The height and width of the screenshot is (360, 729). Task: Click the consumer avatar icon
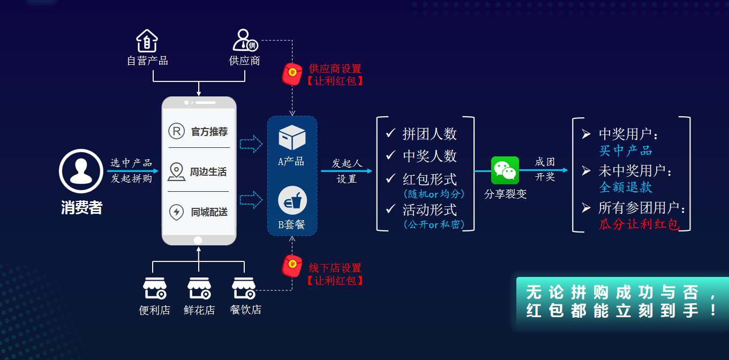pyautogui.click(x=80, y=171)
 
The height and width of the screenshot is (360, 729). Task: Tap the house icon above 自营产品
pyautogui.click(x=147, y=41)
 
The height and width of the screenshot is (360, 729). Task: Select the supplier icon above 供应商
pyautogui.click(x=245, y=41)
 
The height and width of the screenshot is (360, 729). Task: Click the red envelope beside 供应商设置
pyautogui.click(x=292, y=74)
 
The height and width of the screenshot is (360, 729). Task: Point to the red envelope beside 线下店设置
pyautogui.click(x=292, y=266)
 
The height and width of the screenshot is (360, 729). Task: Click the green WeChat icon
pyautogui.click(x=505, y=170)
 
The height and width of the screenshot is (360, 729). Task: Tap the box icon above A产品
pyautogui.click(x=292, y=137)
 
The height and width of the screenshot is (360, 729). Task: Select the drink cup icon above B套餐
pyautogui.click(x=292, y=201)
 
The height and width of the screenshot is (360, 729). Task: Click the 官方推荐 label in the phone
pyautogui.click(x=209, y=132)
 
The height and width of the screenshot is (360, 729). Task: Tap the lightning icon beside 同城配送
pyautogui.click(x=176, y=212)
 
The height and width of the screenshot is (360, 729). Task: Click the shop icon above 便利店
pyautogui.click(x=154, y=288)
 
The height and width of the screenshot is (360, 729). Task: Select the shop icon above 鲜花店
pyautogui.click(x=199, y=288)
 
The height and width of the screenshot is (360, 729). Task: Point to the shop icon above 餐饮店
pyautogui.click(x=244, y=288)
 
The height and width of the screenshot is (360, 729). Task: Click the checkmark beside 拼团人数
pyautogui.click(x=390, y=133)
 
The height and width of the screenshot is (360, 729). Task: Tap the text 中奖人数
pyautogui.click(x=430, y=156)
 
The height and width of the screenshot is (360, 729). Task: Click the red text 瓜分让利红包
pyautogui.click(x=638, y=224)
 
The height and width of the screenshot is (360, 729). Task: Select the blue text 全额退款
pyautogui.click(x=625, y=187)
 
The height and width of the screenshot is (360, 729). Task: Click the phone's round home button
pyautogui.click(x=198, y=240)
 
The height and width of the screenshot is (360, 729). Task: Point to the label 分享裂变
pyautogui.click(x=505, y=194)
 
